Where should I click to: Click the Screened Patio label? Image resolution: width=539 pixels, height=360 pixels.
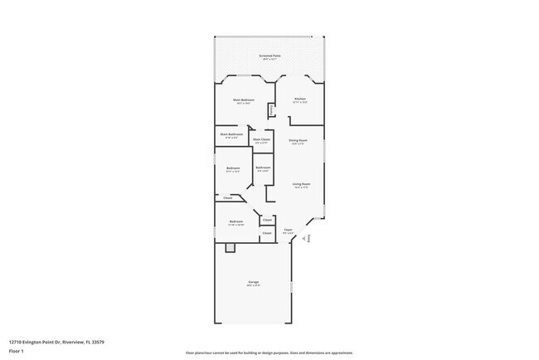269,56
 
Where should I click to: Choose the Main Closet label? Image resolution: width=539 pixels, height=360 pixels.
262,139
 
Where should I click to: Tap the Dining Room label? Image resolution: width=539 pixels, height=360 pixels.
299,140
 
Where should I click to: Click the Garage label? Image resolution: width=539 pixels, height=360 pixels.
253,282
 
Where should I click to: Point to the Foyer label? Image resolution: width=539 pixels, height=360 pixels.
289,230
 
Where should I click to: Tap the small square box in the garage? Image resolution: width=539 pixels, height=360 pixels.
231,248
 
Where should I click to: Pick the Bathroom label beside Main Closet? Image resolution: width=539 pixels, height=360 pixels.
263,168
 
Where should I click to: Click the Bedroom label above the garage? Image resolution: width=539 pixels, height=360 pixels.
236,221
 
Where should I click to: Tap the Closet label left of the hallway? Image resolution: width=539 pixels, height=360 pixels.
228,197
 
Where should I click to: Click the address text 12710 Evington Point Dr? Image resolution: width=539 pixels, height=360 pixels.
56,341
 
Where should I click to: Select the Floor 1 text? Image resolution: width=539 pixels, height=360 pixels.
17,351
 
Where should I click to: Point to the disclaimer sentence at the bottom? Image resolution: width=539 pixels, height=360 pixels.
269,353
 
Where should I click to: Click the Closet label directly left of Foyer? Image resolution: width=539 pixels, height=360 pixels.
267,233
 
